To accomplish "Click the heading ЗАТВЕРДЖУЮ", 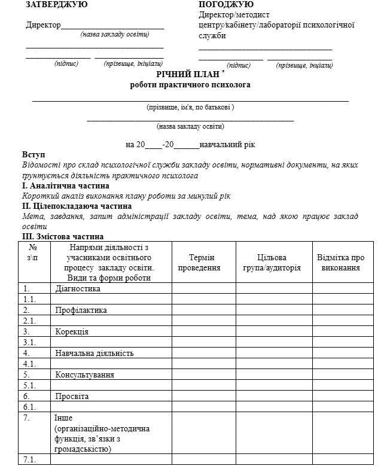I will (56, 5).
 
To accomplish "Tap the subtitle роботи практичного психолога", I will (190, 85).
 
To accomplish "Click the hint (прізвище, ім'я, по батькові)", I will (190, 107).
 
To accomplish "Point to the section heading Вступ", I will (33, 155).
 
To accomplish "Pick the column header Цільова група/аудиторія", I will (273, 263).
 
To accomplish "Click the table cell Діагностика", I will (78, 289).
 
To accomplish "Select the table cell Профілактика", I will (81, 310).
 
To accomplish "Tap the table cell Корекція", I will (72, 331).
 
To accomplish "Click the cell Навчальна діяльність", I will (94, 353).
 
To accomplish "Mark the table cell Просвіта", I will (72, 396).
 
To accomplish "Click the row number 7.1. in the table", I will (29, 459).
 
